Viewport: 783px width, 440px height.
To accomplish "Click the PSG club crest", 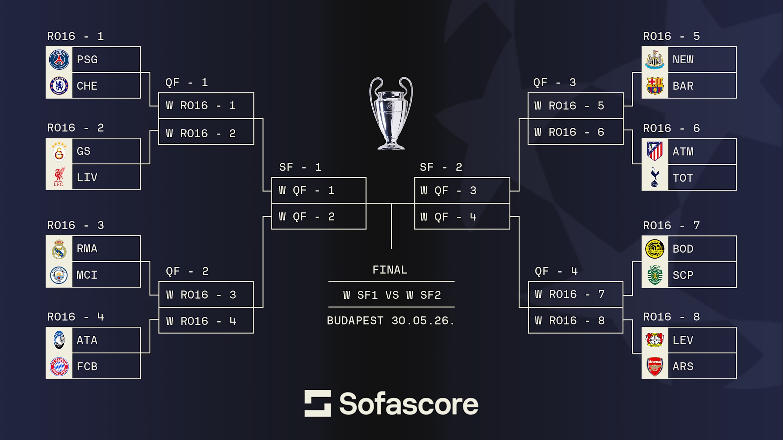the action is pos(59,59).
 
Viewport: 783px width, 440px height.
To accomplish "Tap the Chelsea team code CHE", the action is pos(87,86).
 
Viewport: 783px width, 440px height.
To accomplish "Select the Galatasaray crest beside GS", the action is pos(59,151).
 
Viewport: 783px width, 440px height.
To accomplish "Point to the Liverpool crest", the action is pos(59,177).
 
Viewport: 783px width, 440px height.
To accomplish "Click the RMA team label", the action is pos(87,248).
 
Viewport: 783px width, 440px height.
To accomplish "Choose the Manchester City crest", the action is pos(59,275).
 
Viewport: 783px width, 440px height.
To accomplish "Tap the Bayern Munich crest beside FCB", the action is pos(59,366).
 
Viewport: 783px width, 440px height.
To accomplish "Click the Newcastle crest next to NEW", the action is pos(655,59).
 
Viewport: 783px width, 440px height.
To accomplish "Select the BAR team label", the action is pos(683,86).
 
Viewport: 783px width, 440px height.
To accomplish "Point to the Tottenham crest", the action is pos(655,177).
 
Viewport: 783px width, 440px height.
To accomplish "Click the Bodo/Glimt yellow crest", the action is pos(655,249).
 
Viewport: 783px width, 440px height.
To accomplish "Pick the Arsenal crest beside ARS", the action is pos(655,366).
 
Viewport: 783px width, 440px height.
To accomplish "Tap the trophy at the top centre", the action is pos(391,113).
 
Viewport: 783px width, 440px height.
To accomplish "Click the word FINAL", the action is pos(390,270).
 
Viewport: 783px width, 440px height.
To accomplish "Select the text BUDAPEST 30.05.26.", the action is pos(391,320).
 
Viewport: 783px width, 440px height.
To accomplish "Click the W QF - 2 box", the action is pos(319,217).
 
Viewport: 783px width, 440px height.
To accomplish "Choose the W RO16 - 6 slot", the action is pos(576,132).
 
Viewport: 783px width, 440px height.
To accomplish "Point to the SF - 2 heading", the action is pos(441,167).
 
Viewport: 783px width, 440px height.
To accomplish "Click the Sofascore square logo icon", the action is pos(318,403).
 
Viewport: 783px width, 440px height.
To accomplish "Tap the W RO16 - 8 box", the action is pos(576,320).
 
